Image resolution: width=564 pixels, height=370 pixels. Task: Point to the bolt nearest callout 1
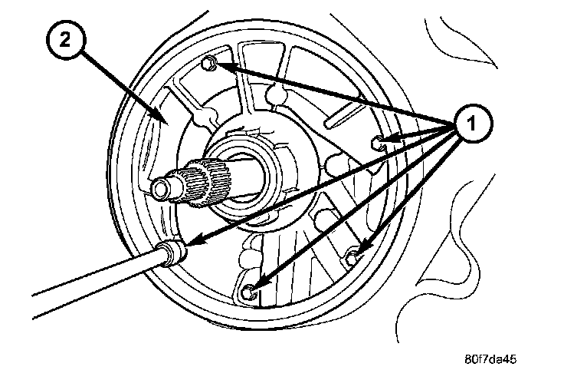pos(377,141)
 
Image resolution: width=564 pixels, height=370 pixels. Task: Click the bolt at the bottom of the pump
pos(249,292)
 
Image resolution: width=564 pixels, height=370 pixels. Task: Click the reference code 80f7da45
pos(496,358)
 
